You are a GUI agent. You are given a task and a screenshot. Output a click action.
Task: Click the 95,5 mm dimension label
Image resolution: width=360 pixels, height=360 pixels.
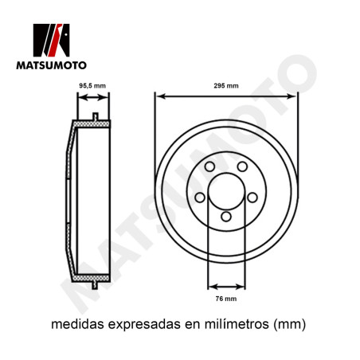point(92,86)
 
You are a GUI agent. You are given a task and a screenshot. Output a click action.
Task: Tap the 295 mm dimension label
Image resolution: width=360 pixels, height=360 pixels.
point(226,86)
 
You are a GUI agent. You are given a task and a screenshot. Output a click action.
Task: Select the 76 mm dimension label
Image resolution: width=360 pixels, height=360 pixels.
point(226,299)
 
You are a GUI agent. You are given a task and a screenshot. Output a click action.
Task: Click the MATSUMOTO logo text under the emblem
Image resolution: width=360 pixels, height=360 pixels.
point(51,65)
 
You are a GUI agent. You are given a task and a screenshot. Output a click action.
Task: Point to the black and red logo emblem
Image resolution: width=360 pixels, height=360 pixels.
point(51,40)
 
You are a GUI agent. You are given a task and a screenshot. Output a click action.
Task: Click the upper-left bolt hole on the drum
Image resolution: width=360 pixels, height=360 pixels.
point(209,166)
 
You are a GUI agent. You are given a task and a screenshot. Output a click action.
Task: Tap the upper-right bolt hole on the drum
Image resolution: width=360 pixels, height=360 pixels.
point(242,166)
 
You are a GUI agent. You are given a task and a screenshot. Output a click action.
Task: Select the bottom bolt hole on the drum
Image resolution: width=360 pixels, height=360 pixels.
point(226,217)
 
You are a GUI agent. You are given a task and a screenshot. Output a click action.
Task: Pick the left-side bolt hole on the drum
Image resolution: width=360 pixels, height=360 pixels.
point(200,198)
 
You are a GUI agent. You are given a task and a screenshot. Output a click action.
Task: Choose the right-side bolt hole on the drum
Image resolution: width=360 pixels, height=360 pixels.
point(252,198)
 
